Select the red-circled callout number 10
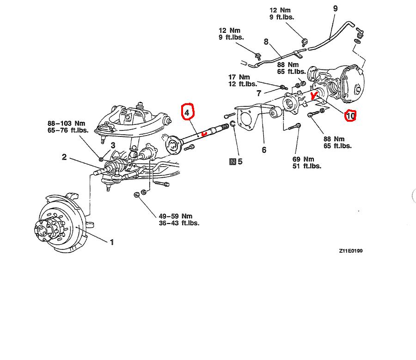350,115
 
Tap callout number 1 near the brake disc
111,242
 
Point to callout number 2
64,157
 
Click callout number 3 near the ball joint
112,146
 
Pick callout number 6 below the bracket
264,149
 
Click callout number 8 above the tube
266,42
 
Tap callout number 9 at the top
335,8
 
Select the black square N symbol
232,161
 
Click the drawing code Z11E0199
351,251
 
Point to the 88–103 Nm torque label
67,124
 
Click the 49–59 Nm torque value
175,216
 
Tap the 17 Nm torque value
239,77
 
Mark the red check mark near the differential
315,96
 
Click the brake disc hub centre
43,228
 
